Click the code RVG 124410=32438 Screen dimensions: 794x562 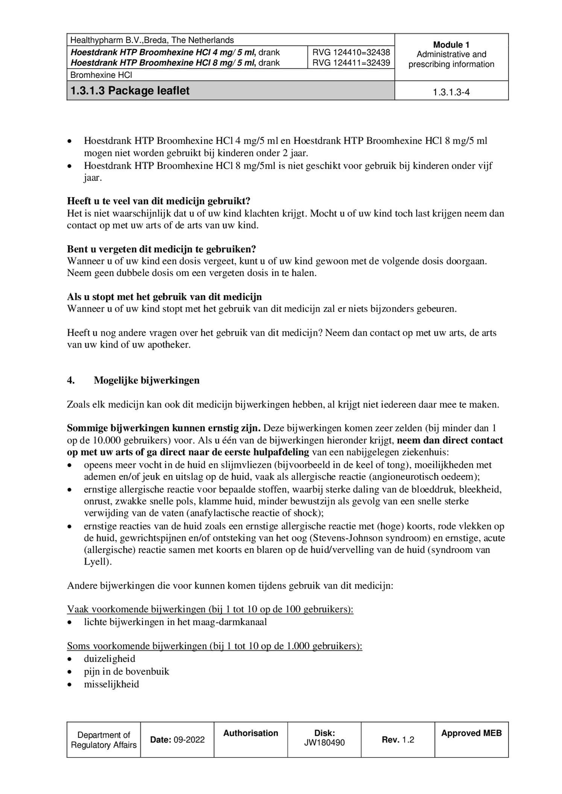click(x=351, y=52)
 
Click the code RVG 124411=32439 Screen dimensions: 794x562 click(x=351, y=62)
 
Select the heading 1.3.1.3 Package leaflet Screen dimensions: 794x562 click(x=130, y=91)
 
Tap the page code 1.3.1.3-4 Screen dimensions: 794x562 click(x=451, y=92)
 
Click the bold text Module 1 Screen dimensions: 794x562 click(x=451, y=44)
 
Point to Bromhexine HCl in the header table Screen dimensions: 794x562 click(x=101, y=75)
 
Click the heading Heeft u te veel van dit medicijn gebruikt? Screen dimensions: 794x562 click(x=158, y=201)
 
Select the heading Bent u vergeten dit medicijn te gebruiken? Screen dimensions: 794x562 click(x=161, y=249)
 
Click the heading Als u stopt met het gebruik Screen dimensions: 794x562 click(x=164, y=297)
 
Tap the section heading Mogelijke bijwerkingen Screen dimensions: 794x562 click(x=146, y=380)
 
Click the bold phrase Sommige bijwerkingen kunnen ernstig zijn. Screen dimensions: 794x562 click(x=164, y=428)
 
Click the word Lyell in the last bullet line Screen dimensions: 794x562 click(x=96, y=562)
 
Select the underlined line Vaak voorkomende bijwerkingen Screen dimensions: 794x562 click(x=210, y=609)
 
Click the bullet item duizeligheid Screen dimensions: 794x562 click(x=109, y=659)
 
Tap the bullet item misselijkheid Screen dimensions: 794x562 click(x=111, y=684)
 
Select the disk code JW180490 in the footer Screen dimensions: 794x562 click(x=324, y=742)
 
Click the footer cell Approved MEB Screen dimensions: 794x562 click(x=471, y=733)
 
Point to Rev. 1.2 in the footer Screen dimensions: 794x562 click(x=398, y=739)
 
